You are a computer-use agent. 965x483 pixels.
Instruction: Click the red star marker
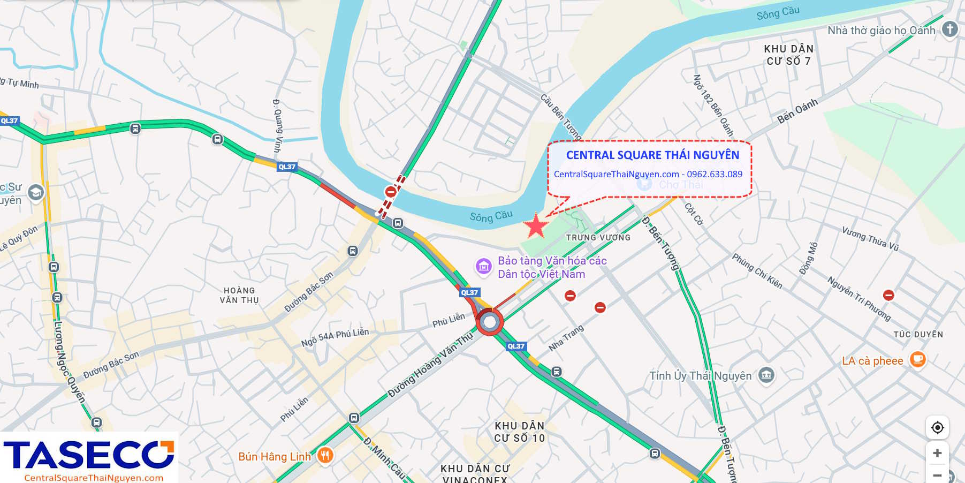[535, 226]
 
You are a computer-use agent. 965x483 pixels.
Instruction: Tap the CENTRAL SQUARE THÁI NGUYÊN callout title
[652, 155]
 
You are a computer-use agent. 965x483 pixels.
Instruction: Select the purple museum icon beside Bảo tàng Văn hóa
[484, 266]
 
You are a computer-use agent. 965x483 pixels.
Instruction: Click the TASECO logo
[89, 456]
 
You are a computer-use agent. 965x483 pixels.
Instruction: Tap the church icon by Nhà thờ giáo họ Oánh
[949, 29]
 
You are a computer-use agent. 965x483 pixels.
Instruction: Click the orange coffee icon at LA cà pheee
[917, 359]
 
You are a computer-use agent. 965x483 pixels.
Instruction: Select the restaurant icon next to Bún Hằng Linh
[325, 456]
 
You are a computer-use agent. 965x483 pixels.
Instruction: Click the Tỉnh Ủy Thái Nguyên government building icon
[766, 375]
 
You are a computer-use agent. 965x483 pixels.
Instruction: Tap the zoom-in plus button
[937, 453]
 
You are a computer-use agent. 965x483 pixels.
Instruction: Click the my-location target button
[937, 427]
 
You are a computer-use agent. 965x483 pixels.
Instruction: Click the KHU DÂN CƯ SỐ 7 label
[788, 55]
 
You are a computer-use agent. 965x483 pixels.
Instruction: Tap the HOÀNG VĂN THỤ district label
[239, 295]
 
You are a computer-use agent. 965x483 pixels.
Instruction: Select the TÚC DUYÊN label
[918, 334]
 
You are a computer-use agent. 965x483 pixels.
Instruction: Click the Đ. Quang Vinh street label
[277, 125]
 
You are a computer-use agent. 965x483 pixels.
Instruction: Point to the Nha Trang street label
[566, 338]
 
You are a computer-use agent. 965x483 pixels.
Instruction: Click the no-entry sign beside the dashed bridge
[391, 192]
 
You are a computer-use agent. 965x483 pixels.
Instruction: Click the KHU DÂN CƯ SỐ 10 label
[519, 432]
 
